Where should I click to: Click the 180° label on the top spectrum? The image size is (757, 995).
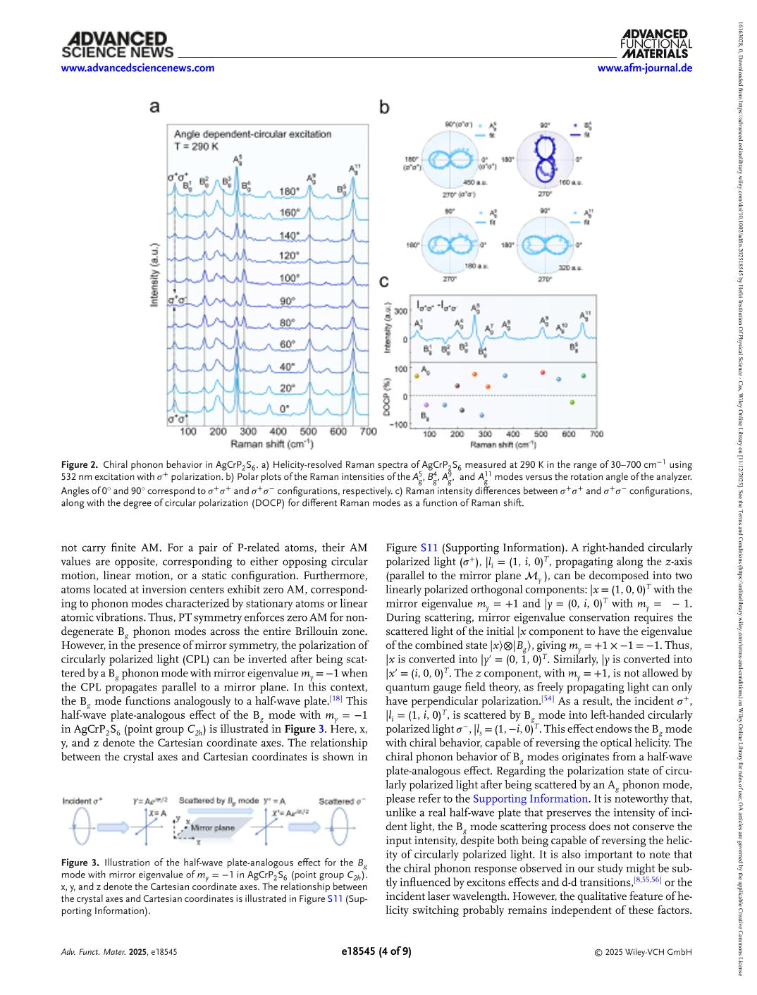pyautogui.click(x=289, y=191)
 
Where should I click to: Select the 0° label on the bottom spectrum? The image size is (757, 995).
pyautogui.click(x=285, y=408)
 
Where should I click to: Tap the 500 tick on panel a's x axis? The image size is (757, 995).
pyautogui.click(x=309, y=431)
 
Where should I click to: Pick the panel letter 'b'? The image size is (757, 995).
pyautogui.click(x=385, y=107)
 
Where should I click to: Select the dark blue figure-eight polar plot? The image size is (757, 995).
pyautogui.click(x=545, y=159)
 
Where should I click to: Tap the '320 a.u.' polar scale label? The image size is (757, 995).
pyautogui.click(x=570, y=268)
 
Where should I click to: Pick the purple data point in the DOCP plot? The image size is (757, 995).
pyautogui.click(x=426, y=405)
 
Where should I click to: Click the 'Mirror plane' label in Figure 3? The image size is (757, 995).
pyautogui.click(x=213, y=827)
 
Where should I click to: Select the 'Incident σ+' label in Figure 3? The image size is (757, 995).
pyautogui.click(x=82, y=801)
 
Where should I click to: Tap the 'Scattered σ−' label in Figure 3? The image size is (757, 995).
pyautogui.click(x=342, y=801)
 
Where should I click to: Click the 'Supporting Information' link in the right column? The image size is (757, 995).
pyautogui.click(x=530, y=798)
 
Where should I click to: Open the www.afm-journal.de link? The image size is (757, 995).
pyautogui.click(x=644, y=68)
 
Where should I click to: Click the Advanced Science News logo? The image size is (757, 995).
pyautogui.click(x=117, y=44)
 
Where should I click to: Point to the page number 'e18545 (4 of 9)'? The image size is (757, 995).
pyautogui.click(x=376, y=951)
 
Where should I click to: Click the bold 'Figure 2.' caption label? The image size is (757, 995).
pyautogui.click(x=79, y=465)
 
